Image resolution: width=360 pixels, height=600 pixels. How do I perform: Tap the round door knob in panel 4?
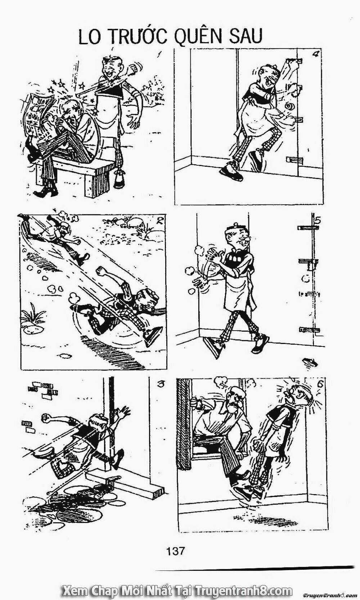289,106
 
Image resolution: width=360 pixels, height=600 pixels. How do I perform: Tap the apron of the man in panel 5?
237,293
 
